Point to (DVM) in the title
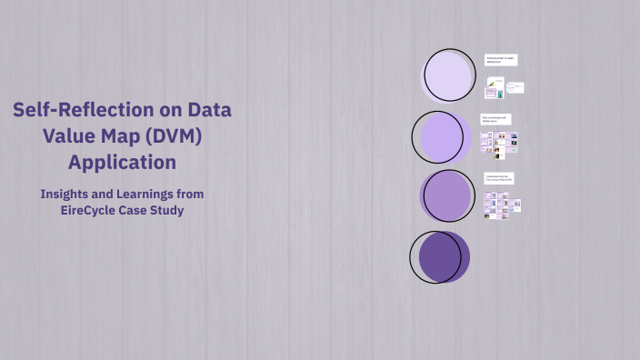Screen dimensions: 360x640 [185, 138]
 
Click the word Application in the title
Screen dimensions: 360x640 [122, 164]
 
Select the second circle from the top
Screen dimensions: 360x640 [443, 136]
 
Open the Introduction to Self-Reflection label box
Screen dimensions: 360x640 [501, 59]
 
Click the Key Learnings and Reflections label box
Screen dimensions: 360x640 [497, 119]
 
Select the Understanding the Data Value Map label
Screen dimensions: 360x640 [499, 178]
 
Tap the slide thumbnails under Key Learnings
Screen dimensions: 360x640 [499, 142]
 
